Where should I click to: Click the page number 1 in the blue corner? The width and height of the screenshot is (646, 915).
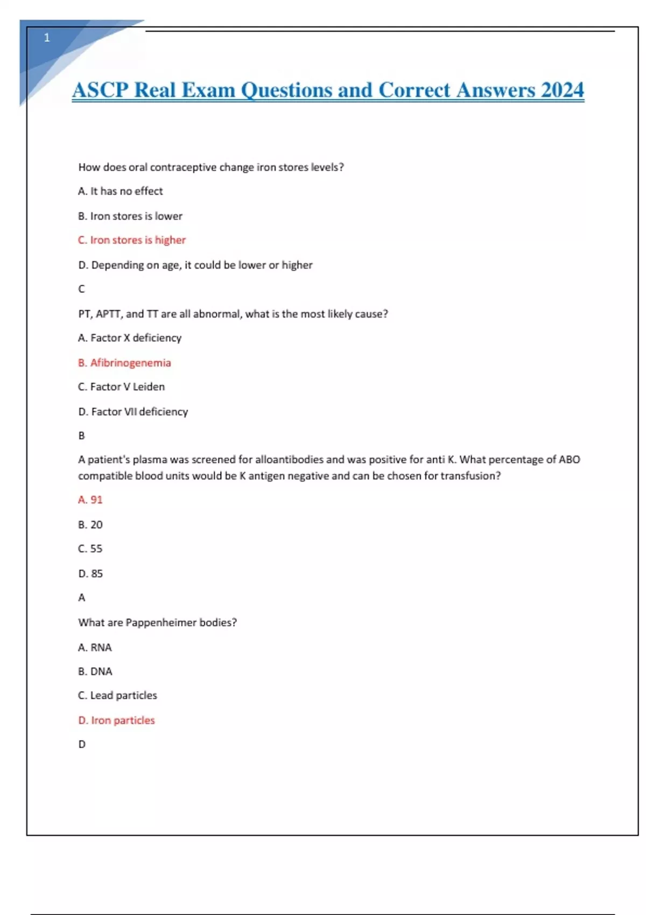pyautogui.click(x=47, y=38)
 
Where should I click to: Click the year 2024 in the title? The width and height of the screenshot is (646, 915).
pyautogui.click(x=562, y=90)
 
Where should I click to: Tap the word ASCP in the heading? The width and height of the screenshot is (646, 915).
pyautogui.click(x=100, y=90)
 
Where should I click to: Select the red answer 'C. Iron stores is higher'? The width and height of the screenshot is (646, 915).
pyautogui.click(x=132, y=240)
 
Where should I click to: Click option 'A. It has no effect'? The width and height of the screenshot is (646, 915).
pyautogui.click(x=120, y=191)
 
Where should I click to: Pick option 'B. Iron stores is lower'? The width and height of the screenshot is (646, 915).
pyautogui.click(x=130, y=216)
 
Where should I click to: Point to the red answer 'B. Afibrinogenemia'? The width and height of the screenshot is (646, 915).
pyautogui.click(x=124, y=363)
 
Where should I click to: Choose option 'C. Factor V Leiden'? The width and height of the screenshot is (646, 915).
pyautogui.click(x=121, y=386)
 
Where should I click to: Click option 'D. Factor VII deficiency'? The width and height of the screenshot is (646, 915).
pyautogui.click(x=133, y=412)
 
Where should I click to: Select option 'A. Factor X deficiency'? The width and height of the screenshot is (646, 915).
pyautogui.click(x=130, y=338)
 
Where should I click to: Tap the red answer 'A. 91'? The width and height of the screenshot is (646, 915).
pyautogui.click(x=90, y=499)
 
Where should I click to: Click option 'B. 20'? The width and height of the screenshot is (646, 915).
pyautogui.click(x=90, y=524)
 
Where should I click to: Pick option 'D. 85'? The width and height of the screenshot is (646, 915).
pyautogui.click(x=90, y=574)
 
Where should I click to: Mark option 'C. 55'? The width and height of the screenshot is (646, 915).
pyautogui.click(x=90, y=548)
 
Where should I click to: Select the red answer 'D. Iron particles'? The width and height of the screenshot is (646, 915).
pyautogui.click(x=116, y=720)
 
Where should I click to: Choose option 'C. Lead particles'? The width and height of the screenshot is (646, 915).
pyautogui.click(x=117, y=695)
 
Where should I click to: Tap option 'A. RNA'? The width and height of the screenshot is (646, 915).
pyautogui.click(x=95, y=647)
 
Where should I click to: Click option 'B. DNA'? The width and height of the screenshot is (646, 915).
pyautogui.click(x=95, y=671)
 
